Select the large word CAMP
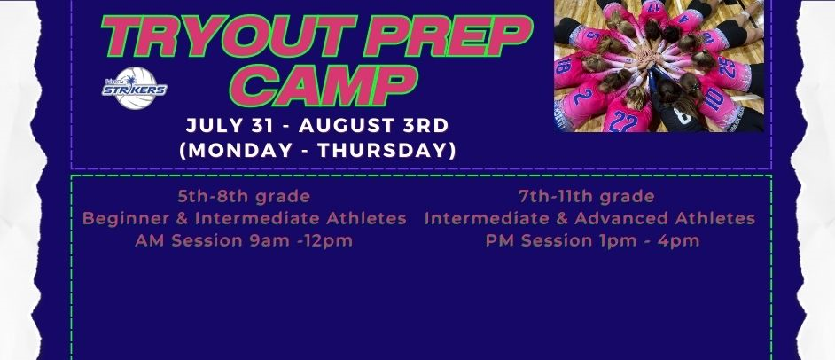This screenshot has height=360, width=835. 324,85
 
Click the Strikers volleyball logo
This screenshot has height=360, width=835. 134,88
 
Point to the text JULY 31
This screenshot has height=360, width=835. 230,126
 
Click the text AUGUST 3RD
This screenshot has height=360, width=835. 374,126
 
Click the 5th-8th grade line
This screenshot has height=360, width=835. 244,196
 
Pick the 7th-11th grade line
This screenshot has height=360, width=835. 586,196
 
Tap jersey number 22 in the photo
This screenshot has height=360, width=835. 623,121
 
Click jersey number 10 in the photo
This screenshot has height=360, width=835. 714,98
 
